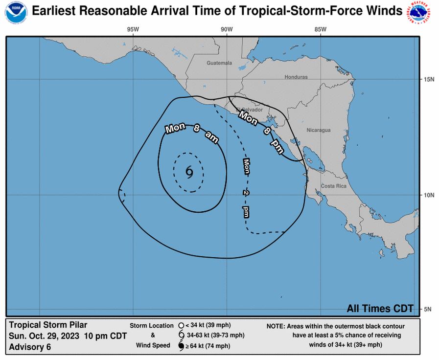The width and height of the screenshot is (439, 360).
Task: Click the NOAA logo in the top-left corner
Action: click(x=16, y=13)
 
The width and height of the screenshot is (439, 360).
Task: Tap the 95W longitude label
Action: click(x=133, y=29)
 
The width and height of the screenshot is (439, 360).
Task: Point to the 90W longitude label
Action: click(x=226, y=29)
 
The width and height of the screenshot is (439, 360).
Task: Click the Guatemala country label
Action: click(x=219, y=63)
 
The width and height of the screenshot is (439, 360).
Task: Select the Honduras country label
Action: click(x=296, y=77)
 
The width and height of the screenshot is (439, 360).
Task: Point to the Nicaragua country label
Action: click(x=319, y=131)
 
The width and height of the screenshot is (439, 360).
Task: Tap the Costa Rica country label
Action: click(x=334, y=186)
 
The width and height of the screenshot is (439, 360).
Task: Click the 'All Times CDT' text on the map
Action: click(x=380, y=308)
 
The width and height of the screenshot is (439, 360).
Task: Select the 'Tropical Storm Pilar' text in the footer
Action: click(x=48, y=325)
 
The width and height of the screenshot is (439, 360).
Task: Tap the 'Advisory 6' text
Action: click(x=30, y=347)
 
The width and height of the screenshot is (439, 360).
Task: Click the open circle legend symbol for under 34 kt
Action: click(x=181, y=325)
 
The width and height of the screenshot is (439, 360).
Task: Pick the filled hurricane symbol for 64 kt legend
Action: click(x=181, y=346)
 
